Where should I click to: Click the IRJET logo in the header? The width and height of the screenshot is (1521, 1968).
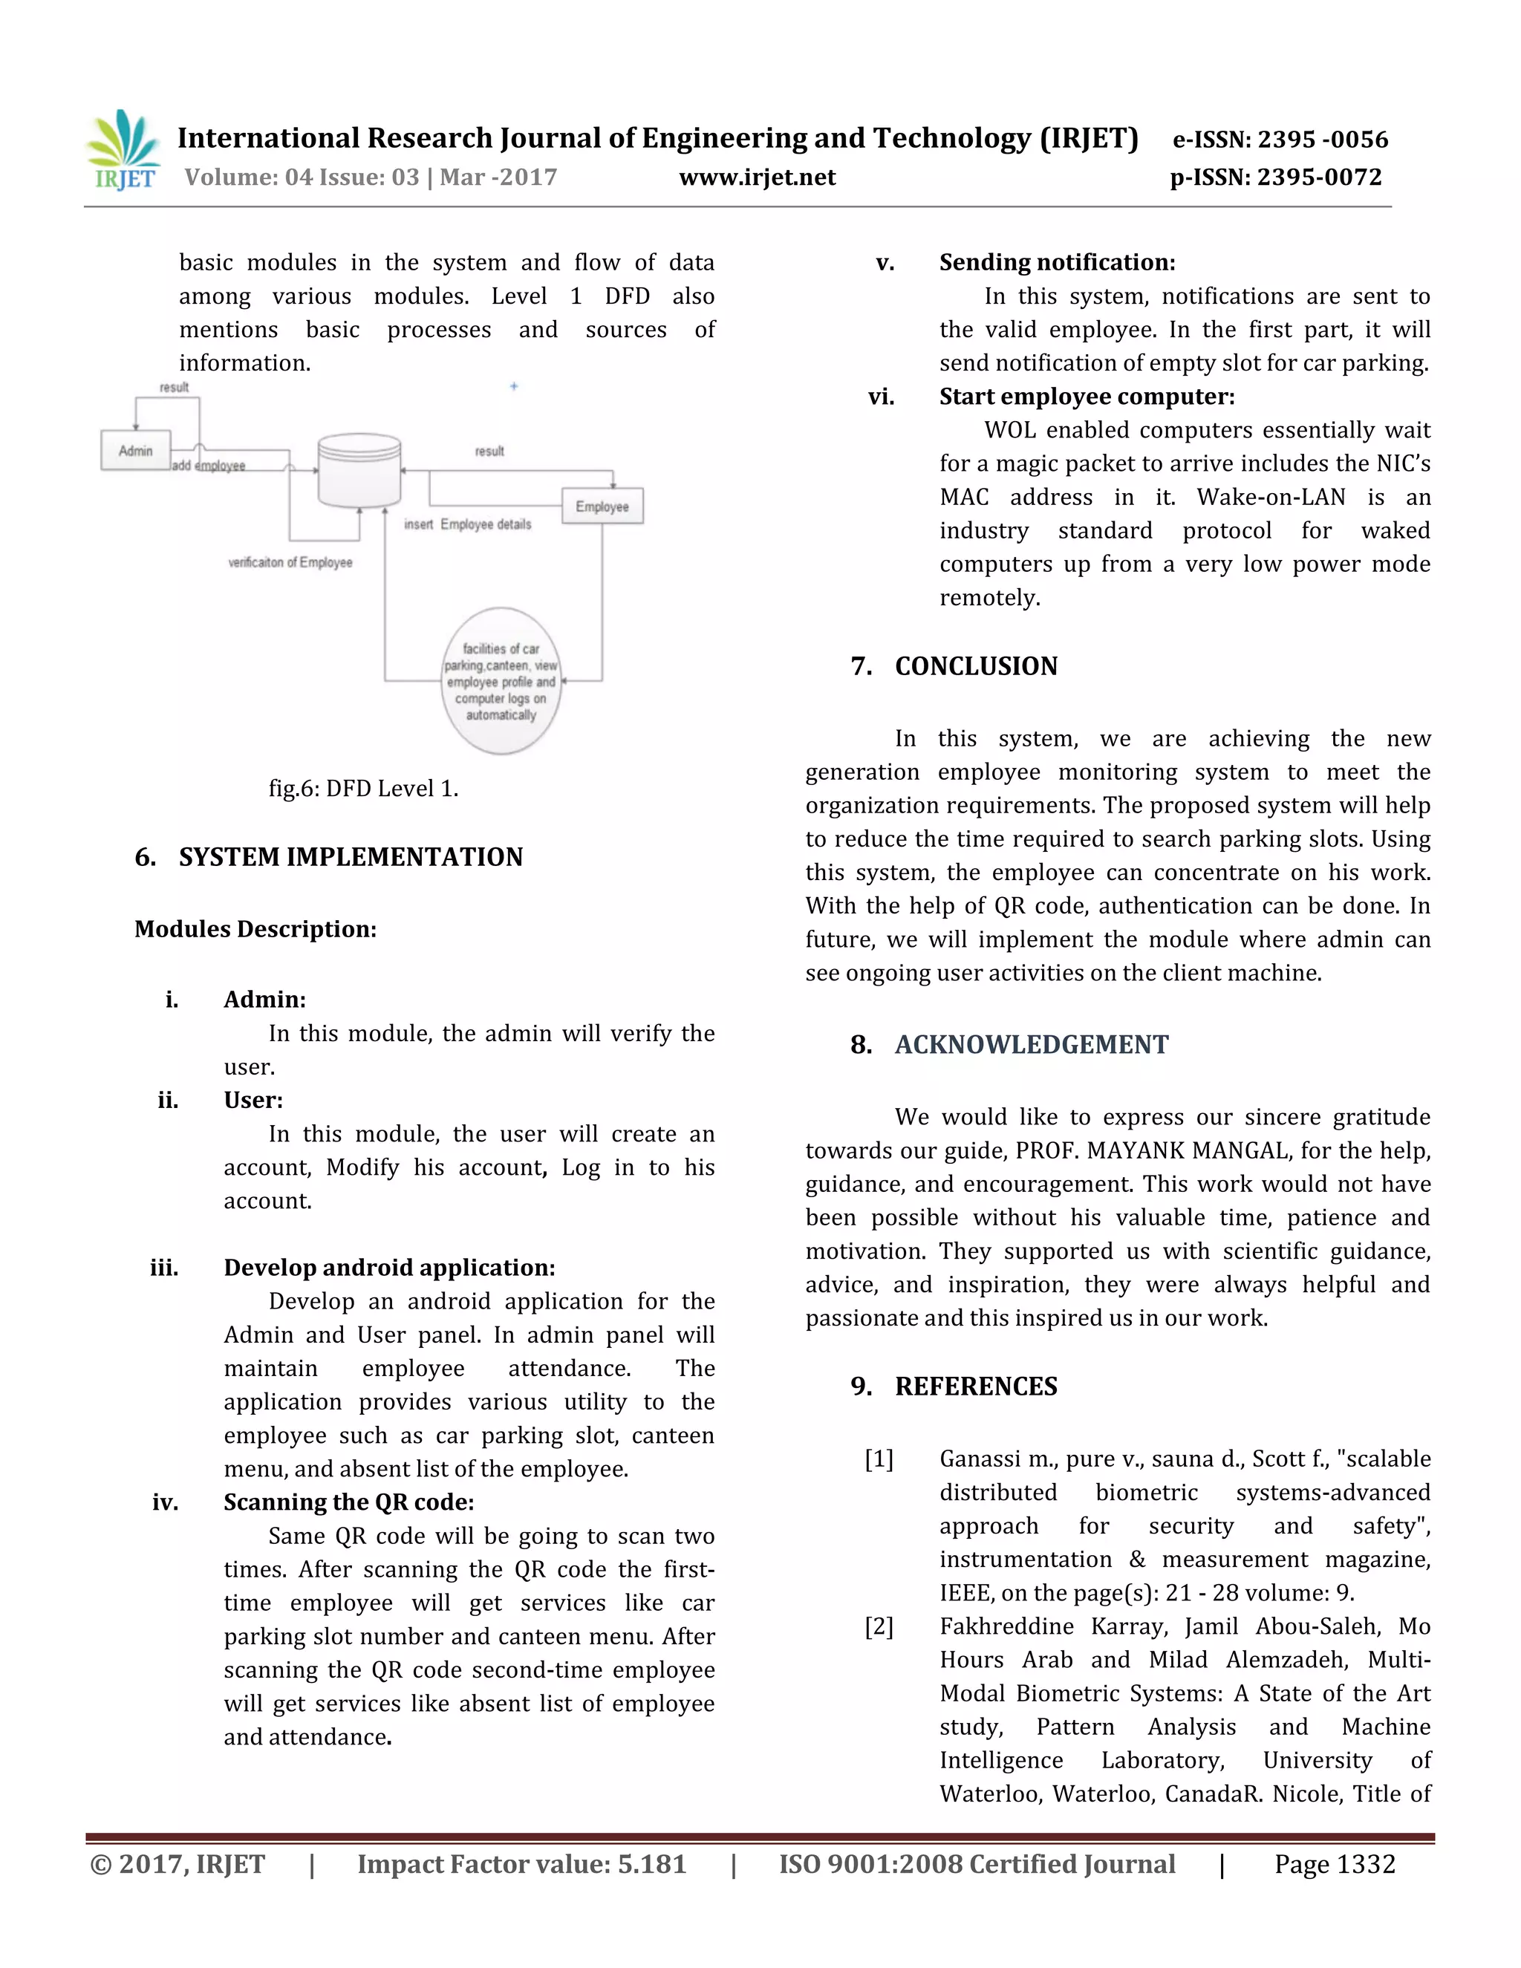[x=123, y=151]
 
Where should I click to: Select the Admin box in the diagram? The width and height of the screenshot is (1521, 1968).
[x=135, y=451]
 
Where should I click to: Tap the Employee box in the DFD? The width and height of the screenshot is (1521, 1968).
[x=602, y=506]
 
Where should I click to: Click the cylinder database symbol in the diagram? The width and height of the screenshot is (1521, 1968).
[x=359, y=472]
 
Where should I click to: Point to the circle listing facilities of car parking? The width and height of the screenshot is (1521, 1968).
[x=501, y=681]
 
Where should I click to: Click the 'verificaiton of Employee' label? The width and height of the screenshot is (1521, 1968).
[x=290, y=562]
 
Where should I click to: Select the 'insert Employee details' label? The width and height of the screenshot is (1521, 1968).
[x=468, y=524]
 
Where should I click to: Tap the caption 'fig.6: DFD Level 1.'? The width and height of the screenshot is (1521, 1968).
[x=363, y=789]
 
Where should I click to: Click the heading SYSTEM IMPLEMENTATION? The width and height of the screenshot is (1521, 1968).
[x=351, y=857]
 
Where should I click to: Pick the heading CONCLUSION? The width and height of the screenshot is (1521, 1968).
[x=976, y=666]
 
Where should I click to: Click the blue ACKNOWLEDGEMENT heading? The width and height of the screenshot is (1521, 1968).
[x=1031, y=1044]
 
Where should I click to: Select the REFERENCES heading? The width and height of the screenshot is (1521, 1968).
[x=976, y=1386]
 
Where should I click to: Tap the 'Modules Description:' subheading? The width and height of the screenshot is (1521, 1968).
[x=255, y=929]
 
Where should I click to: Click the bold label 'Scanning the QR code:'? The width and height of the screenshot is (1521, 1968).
[x=349, y=1502]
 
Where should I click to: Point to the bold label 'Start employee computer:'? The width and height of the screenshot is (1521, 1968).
[x=1087, y=397]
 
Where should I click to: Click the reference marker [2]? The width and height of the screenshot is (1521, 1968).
[x=879, y=1626]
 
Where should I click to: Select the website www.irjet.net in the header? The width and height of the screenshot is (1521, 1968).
[x=757, y=177]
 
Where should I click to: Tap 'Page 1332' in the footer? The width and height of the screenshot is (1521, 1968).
[x=1334, y=1864]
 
